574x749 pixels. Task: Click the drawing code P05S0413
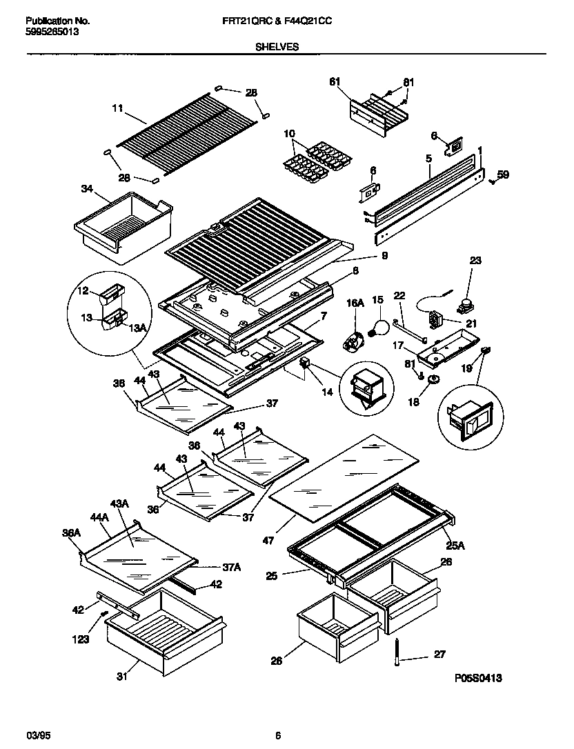(477, 679)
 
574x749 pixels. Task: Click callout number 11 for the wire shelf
(117, 108)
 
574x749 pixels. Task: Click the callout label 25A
(456, 546)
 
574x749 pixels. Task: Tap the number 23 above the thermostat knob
(476, 260)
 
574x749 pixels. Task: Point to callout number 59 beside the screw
(503, 175)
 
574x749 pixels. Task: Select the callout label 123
(81, 640)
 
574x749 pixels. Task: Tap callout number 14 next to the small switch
(327, 392)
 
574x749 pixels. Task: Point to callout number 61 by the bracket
(335, 82)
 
